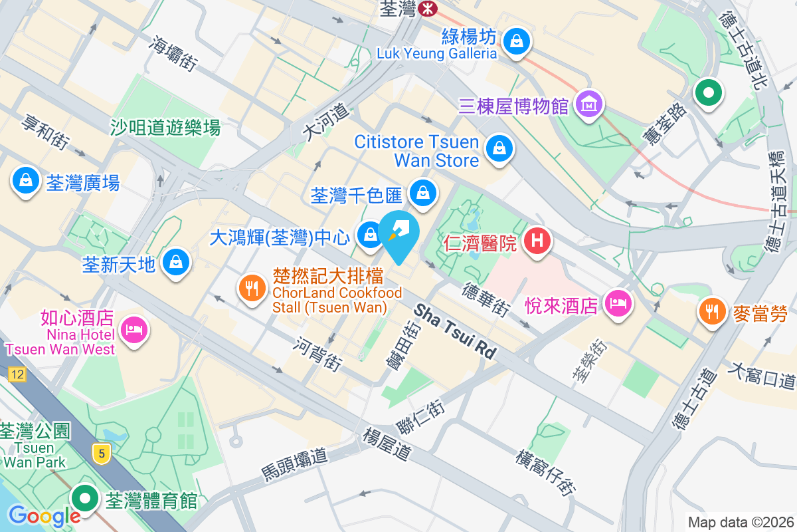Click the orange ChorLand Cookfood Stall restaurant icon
click(x=251, y=289)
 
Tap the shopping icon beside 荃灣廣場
click(x=25, y=180)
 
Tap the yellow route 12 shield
click(x=17, y=375)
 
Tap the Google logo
click(x=44, y=515)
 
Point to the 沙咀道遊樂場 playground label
click(x=165, y=126)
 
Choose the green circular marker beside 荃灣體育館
click(x=86, y=497)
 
